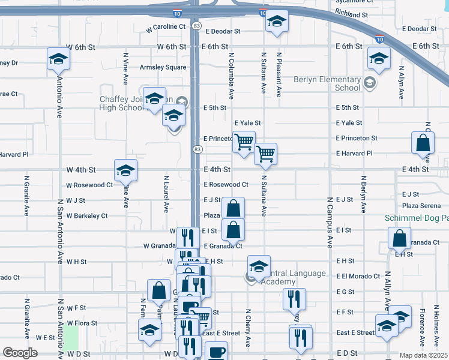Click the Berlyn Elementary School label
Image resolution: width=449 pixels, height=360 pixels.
click(327, 83)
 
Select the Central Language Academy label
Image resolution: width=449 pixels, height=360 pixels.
click(291, 278)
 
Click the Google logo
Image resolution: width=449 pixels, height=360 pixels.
click(20, 353)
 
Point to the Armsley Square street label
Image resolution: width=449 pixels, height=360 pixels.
click(163, 67)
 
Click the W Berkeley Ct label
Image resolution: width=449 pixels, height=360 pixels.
click(86, 215)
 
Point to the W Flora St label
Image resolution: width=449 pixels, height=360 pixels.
click(82, 322)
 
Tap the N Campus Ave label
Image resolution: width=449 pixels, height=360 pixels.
click(330, 223)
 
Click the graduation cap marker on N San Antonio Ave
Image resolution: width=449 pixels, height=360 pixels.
click(58, 59)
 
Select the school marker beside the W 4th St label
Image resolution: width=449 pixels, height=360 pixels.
click(125, 171)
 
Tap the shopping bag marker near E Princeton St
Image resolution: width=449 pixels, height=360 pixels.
click(423, 143)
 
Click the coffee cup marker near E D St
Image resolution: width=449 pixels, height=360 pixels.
click(216, 352)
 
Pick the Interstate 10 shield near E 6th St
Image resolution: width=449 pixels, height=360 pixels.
click(379, 39)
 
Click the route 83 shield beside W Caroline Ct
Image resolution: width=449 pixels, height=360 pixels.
click(197, 26)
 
